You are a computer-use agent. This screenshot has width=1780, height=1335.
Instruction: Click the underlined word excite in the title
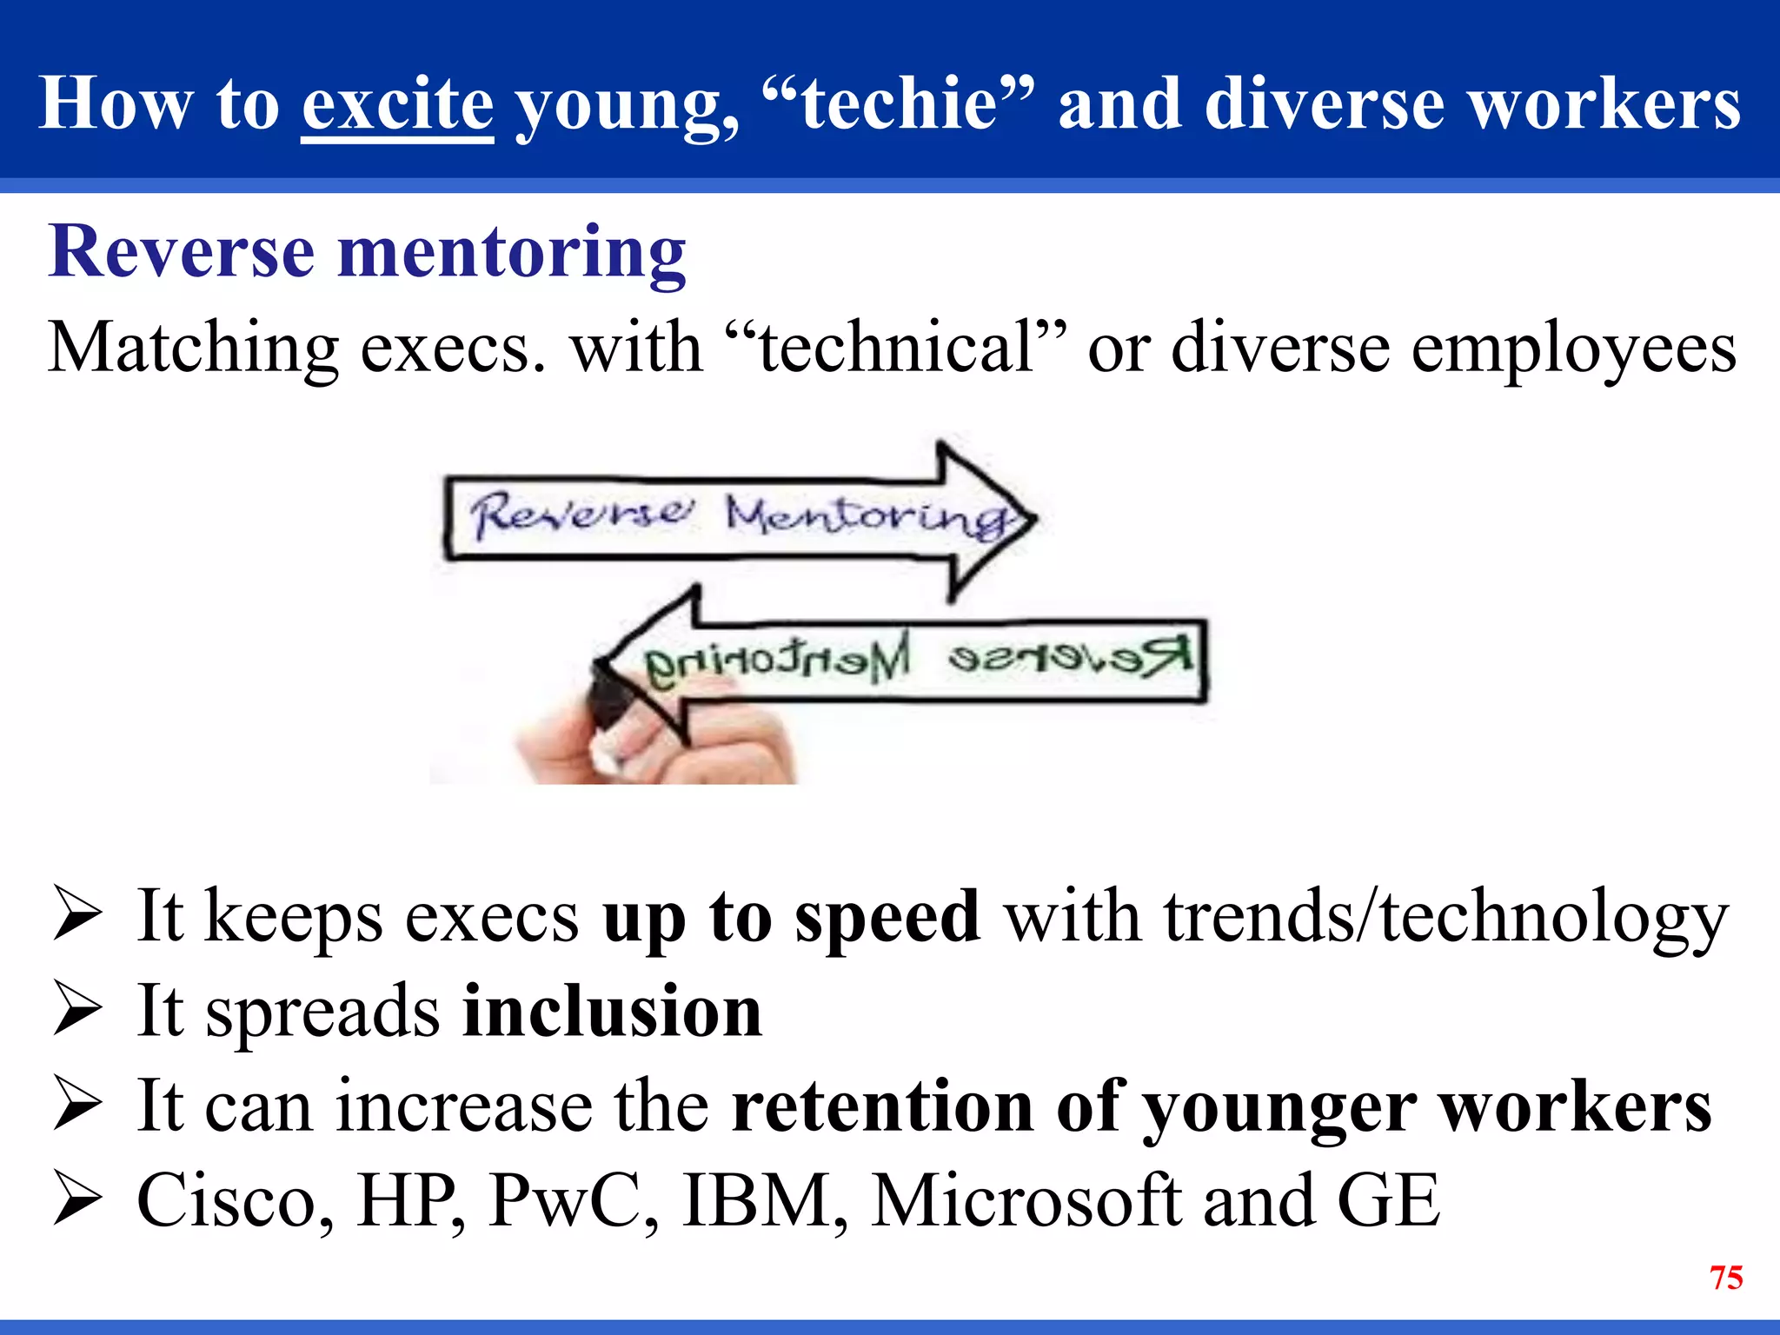click(397, 104)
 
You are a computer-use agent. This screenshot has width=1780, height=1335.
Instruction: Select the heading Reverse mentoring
click(367, 252)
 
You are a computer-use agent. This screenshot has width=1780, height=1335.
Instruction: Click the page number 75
click(1725, 1278)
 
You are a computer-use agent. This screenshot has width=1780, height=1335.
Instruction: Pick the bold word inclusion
click(612, 1012)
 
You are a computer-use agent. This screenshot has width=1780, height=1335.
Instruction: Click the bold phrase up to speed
click(791, 918)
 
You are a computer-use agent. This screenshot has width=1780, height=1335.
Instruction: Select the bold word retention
click(882, 1107)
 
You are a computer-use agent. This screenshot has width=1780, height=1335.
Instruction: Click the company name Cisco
click(235, 1201)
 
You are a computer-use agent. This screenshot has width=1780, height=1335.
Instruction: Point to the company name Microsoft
click(1026, 1201)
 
